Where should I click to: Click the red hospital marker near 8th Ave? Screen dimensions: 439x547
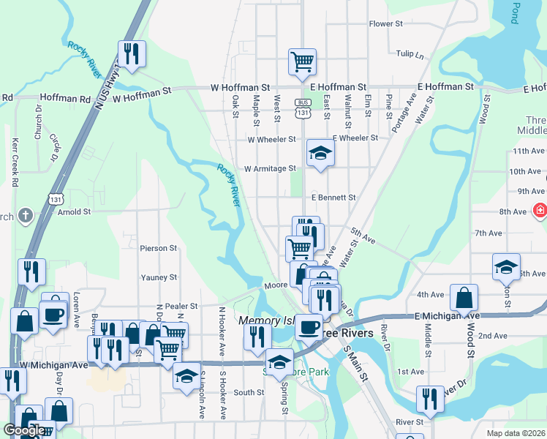(x=540, y=211)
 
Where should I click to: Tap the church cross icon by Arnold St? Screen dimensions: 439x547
(x=26, y=214)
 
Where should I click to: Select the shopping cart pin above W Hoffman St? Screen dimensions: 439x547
(x=302, y=61)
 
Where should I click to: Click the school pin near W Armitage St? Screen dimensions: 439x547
(x=320, y=152)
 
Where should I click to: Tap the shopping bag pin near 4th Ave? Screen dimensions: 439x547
(x=464, y=297)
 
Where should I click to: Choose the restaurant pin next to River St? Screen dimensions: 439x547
(x=430, y=399)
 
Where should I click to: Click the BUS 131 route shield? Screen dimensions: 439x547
(x=303, y=108)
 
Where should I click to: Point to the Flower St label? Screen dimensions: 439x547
(x=386, y=24)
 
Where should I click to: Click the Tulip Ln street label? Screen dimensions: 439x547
(x=410, y=55)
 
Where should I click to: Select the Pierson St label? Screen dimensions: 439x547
(x=159, y=249)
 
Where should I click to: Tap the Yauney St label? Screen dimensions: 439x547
(x=159, y=277)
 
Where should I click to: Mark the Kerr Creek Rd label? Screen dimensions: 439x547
(x=15, y=162)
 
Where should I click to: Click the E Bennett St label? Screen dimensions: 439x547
(x=333, y=198)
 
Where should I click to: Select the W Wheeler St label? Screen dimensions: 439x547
(x=271, y=139)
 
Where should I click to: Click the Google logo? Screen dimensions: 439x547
(x=24, y=430)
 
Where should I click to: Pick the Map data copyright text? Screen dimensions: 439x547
(x=516, y=433)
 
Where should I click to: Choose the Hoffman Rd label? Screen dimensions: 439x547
(x=65, y=97)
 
